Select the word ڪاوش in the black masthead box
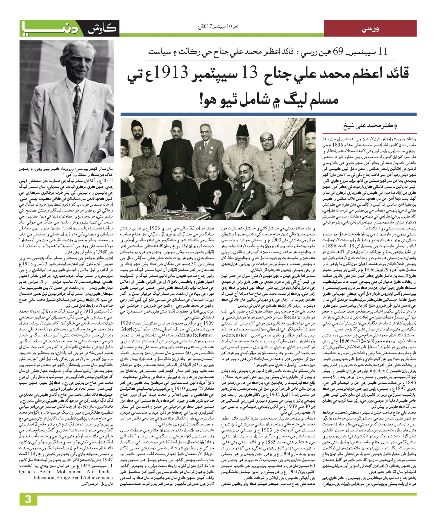(101, 29)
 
